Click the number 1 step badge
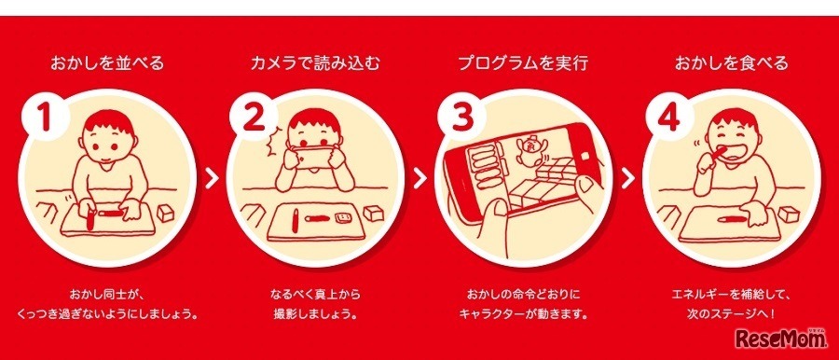pyautogui.click(x=46, y=118)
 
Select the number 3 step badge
pyautogui.click(x=459, y=118)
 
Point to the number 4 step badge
pyautogui.click(x=667, y=118)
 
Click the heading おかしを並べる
pyautogui.click(x=107, y=63)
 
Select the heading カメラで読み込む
pyautogui.click(x=315, y=63)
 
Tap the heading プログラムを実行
pyautogui.click(x=523, y=63)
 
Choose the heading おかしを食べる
pyautogui.click(x=731, y=63)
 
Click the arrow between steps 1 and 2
pyautogui.click(x=213, y=178)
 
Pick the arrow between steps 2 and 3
pyautogui.click(x=420, y=178)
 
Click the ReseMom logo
pyautogui.click(x=780, y=339)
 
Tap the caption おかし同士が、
pyautogui.click(x=107, y=295)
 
